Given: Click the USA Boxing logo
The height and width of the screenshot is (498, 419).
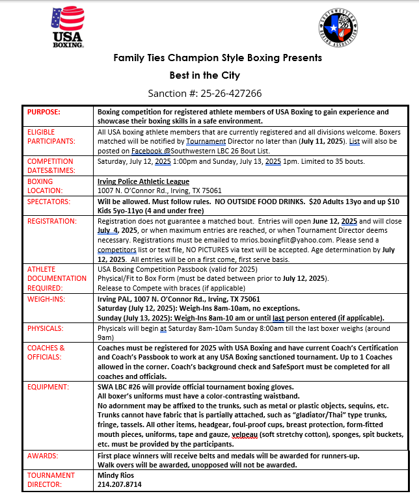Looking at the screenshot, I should [x=68, y=27].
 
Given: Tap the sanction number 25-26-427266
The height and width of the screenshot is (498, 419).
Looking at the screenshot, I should [x=205, y=93].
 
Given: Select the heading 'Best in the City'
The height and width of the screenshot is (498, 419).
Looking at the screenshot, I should [x=205, y=75].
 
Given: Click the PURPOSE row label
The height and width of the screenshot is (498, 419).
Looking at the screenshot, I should [x=44, y=112].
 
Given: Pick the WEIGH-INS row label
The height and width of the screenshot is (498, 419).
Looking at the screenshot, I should [x=46, y=300].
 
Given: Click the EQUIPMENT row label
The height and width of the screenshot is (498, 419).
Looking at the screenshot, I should [x=48, y=386].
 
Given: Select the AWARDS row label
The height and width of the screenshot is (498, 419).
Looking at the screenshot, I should [x=43, y=456].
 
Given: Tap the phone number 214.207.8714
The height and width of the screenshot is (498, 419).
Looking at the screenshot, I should [x=119, y=484].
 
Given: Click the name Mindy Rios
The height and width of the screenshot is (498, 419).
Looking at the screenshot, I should [x=115, y=475].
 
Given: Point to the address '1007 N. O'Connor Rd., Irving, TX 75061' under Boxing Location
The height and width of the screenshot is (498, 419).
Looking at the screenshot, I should [x=160, y=190].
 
